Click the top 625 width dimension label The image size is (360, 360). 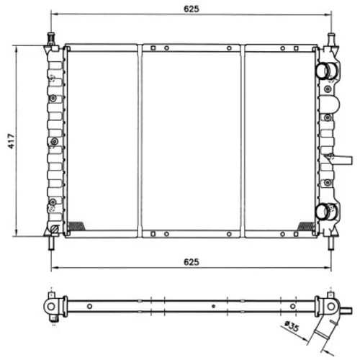192,9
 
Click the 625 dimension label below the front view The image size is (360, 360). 192,262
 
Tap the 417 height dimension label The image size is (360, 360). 12,141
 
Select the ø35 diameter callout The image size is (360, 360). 292,326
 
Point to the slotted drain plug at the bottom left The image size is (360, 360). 55,229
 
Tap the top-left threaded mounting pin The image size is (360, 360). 51,39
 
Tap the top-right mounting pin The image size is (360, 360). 331,39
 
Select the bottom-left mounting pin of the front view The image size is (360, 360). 50,243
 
